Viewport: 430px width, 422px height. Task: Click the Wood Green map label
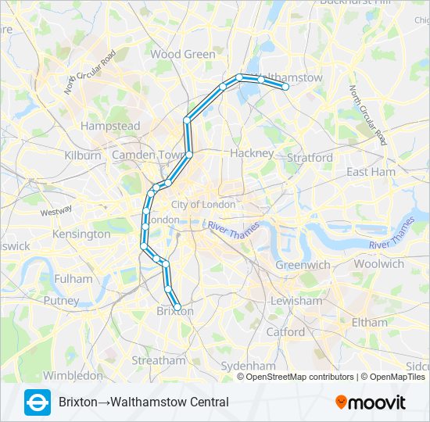[x=182, y=54]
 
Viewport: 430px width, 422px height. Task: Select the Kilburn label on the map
[x=83, y=155]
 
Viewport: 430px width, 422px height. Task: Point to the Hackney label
[x=252, y=153]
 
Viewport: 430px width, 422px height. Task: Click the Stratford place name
[x=310, y=157]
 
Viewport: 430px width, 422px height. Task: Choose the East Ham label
[x=371, y=171]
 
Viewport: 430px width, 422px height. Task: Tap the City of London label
[x=203, y=204]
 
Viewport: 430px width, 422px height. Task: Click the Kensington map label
[x=81, y=234]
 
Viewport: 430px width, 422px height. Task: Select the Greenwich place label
[x=303, y=265]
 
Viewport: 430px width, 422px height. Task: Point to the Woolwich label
[x=378, y=263]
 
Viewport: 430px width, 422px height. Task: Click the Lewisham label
[x=296, y=301]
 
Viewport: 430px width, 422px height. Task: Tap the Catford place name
[x=285, y=331]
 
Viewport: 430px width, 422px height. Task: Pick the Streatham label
[x=159, y=360]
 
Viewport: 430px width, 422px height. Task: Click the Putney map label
[x=61, y=300]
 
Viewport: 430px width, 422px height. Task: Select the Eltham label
[x=369, y=322]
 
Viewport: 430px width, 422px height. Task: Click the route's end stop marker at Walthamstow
[x=286, y=87]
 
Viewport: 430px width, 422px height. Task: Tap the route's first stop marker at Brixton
[x=177, y=307]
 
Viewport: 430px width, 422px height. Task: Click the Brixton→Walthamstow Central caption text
[x=144, y=402]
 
